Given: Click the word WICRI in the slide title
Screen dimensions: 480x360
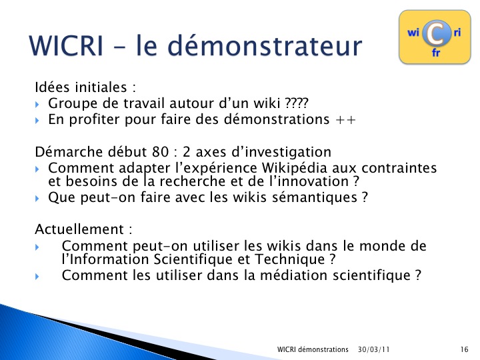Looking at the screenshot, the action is pyautogui.click(x=66, y=45).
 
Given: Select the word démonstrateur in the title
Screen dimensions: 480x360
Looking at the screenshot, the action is pyautogui.click(x=265, y=45).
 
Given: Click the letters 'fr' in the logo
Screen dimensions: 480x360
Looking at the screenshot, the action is pyautogui.click(x=436, y=53).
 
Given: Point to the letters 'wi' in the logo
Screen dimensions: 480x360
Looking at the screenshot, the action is pyautogui.click(x=413, y=32).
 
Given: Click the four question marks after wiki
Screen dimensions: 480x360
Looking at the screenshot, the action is pyautogui.click(x=296, y=103).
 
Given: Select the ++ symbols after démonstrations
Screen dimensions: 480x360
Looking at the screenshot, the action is pyautogui.click(x=345, y=120).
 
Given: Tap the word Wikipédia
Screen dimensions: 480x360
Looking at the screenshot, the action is pyautogui.click(x=295, y=169).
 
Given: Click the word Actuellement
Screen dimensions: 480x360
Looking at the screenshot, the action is pyautogui.click(x=79, y=229).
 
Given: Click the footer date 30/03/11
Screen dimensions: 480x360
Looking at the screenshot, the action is pyautogui.click(x=374, y=349).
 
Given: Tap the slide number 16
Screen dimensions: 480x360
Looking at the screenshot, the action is pyautogui.click(x=465, y=349).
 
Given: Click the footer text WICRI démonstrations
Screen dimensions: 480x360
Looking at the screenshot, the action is pyautogui.click(x=313, y=349).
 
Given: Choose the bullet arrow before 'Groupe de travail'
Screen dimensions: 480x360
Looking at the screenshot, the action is pyautogui.click(x=37, y=105).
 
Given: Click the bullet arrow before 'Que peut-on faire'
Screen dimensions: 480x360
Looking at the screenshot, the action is pyautogui.click(x=37, y=199).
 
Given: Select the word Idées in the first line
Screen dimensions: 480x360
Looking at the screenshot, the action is pyautogui.click(x=53, y=87).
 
